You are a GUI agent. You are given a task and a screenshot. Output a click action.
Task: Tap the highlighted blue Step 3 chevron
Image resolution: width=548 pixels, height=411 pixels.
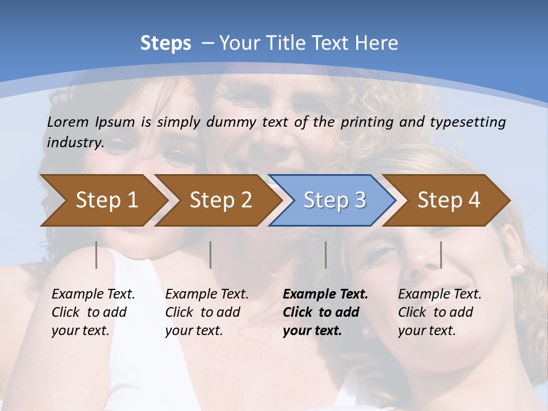[335, 200]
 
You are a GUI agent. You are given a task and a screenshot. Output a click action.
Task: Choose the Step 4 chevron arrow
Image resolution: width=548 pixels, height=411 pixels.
[449, 200]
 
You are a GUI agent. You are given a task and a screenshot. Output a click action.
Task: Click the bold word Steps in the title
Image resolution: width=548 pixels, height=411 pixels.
[166, 43]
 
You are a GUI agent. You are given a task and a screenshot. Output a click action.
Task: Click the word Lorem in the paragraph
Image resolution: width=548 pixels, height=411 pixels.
[68, 122]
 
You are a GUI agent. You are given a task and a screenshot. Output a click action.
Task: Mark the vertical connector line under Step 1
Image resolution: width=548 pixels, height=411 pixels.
[96, 255]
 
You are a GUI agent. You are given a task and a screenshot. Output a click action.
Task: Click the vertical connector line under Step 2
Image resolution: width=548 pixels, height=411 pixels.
[211, 255]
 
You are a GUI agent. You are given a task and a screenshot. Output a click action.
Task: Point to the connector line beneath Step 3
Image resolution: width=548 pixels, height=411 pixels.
[325, 255]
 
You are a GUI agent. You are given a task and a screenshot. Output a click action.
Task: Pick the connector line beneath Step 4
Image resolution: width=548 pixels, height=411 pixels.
[441, 255]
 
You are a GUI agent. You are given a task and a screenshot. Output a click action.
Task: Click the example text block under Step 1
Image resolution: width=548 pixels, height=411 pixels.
[93, 312]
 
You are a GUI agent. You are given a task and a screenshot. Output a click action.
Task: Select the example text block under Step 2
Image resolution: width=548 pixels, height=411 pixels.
[207, 312]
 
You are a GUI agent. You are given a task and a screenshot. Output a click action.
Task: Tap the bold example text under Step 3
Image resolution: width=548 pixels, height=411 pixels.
[325, 312]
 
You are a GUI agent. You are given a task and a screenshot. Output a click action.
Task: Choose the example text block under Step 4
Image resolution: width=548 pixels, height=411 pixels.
[440, 312]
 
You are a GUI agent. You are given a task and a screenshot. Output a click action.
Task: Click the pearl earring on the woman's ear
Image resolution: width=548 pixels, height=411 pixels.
[519, 268]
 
